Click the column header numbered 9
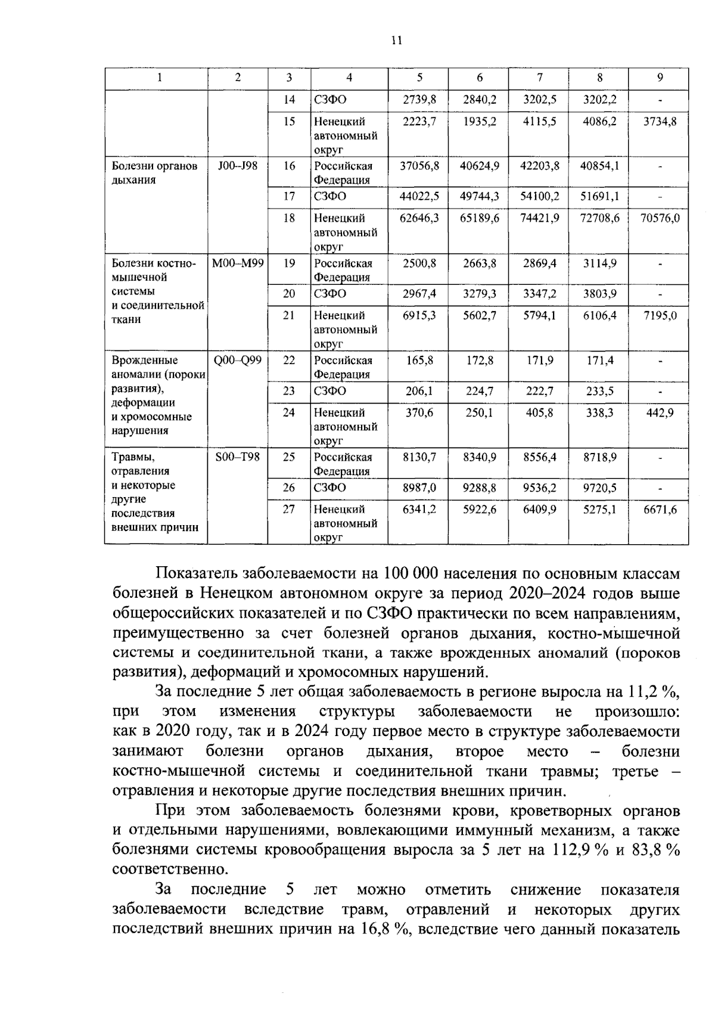point(660,77)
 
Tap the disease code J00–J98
point(238,166)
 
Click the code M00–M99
point(238,263)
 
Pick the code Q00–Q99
point(238,360)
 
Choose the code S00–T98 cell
point(238,457)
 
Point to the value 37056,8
point(419,166)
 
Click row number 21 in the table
point(289,315)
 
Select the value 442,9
point(660,412)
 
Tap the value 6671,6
point(660,510)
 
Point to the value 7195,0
point(660,315)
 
